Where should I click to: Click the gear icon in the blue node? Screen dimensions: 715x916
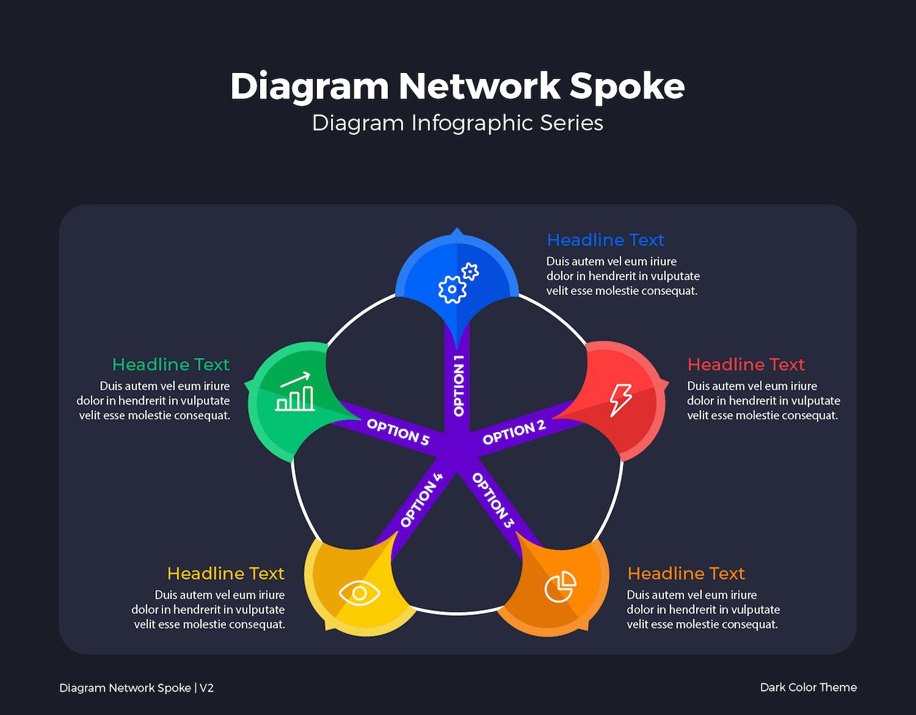457,284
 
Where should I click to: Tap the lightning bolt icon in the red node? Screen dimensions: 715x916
620,399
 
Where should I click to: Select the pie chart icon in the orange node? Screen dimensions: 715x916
560,587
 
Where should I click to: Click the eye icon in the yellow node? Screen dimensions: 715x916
359,593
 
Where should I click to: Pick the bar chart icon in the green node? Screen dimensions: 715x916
295,393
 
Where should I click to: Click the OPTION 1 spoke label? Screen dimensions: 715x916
459,386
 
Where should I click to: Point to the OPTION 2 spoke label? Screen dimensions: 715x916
513,433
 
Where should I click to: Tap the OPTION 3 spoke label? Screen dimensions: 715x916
493,500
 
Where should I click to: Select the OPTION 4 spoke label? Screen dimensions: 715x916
421,500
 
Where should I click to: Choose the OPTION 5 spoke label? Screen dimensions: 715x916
398,432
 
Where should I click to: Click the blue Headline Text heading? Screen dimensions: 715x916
605,239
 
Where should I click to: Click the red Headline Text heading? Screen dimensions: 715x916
746,365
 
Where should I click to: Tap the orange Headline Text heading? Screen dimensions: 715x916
685,573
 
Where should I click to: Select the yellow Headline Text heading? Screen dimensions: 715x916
225,573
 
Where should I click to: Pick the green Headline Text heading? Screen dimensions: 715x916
170,365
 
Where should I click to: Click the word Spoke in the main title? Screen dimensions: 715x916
626,87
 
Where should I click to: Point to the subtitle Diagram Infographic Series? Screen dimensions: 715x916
457,123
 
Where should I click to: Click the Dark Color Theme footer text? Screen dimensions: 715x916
808,687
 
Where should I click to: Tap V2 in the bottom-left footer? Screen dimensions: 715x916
207,688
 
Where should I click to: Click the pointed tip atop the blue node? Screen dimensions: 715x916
457,231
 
